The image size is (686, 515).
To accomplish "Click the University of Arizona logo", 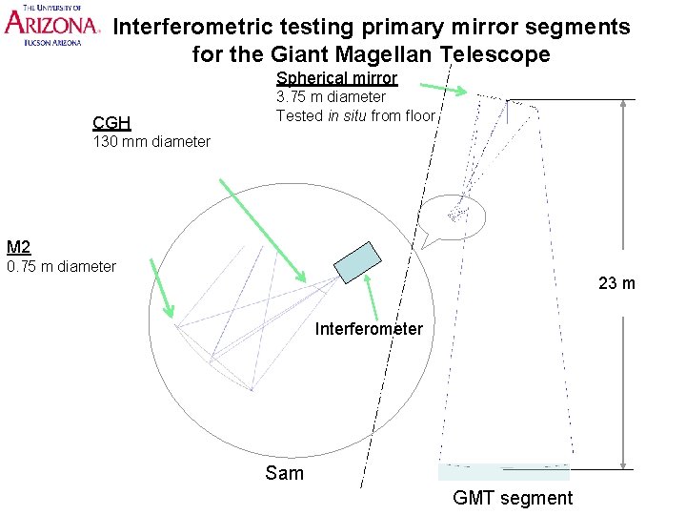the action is [51, 25].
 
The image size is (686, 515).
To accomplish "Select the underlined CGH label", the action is [111, 122].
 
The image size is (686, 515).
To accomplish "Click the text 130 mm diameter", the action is [151, 142].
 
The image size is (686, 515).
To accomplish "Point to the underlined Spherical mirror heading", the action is [336, 78].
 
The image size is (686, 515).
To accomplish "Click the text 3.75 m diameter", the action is [331, 96].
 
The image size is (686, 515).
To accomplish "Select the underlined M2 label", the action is [18, 247].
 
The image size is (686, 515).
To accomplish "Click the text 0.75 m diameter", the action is [61, 266].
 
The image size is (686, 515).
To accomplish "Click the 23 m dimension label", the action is [616, 283].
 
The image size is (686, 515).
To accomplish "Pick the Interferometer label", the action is [369, 329].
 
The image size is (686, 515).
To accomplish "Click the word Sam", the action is [284, 473].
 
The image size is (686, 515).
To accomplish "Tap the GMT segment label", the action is [513, 497].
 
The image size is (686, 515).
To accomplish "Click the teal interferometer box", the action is [357, 261].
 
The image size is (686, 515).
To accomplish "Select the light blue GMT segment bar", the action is [503, 471].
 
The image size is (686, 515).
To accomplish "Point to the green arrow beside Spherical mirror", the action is [429, 86].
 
